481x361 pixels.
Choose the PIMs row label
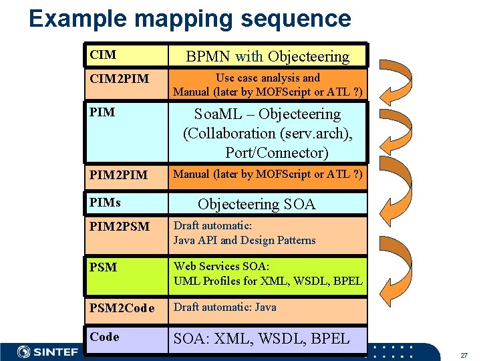tap(104, 201)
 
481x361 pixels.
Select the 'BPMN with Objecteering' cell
tap(267, 56)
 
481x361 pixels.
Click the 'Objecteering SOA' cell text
tap(257, 204)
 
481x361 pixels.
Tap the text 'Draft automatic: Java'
tap(224, 308)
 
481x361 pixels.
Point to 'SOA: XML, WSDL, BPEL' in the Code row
tap(261, 338)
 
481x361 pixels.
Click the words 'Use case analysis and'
tap(267, 78)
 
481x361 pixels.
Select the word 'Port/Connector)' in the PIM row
tap(277, 152)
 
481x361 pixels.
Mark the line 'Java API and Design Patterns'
tap(245, 240)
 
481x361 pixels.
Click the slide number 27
tap(463, 354)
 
